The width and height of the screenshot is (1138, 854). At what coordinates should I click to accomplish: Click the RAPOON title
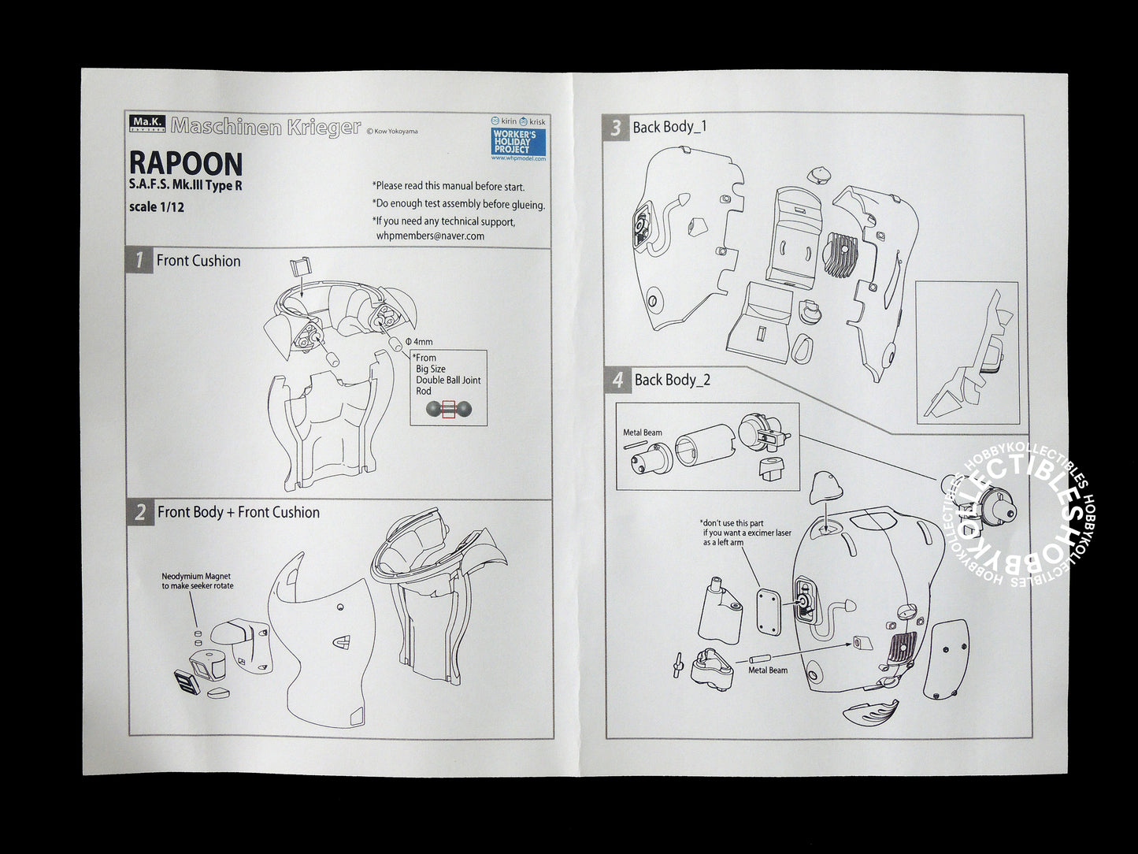(x=185, y=164)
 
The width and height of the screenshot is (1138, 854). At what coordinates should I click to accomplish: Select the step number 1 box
(x=139, y=261)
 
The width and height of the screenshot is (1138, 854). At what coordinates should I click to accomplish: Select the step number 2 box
(x=139, y=512)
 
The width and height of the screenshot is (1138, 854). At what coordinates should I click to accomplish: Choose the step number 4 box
(x=617, y=381)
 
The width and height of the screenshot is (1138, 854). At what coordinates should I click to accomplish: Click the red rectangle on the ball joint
(x=449, y=408)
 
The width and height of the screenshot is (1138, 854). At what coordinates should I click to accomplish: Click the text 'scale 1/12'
(x=157, y=207)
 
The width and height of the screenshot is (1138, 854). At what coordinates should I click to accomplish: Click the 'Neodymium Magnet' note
(x=197, y=581)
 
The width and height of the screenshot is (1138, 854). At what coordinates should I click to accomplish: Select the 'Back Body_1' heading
(x=669, y=127)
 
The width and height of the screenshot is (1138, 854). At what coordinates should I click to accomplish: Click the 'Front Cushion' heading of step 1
(x=198, y=261)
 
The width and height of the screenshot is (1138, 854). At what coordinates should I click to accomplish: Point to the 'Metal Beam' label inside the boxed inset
(x=642, y=433)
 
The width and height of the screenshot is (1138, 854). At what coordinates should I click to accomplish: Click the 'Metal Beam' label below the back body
(x=767, y=670)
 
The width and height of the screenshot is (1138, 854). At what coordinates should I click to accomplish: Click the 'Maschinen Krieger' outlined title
(x=265, y=126)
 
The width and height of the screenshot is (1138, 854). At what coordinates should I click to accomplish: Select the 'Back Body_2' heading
(x=672, y=380)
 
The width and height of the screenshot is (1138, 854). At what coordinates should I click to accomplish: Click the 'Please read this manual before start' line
(x=448, y=187)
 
